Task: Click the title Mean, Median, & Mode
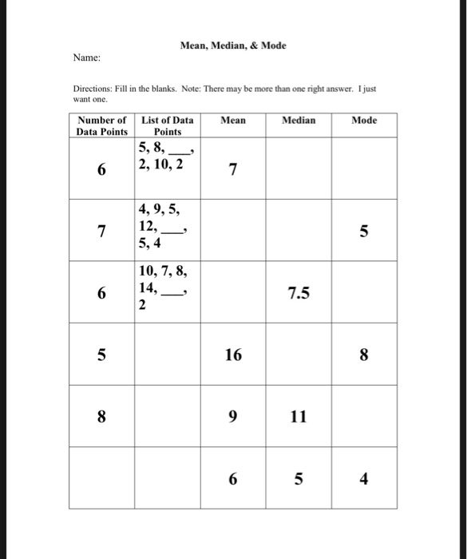(x=232, y=46)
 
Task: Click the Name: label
(x=86, y=58)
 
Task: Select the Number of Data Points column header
(x=101, y=125)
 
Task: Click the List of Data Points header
(x=167, y=125)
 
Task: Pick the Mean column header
(x=232, y=121)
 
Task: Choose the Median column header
(x=299, y=121)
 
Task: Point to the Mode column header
(x=364, y=121)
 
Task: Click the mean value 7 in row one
(x=232, y=170)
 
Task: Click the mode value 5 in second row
(x=364, y=232)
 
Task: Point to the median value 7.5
(x=299, y=294)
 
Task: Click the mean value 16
(x=232, y=355)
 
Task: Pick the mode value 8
(x=364, y=355)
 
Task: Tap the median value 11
(x=299, y=416)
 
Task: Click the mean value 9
(x=232, y=416)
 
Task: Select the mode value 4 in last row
(x=364, y=479)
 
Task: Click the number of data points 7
(x=101, y=232)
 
